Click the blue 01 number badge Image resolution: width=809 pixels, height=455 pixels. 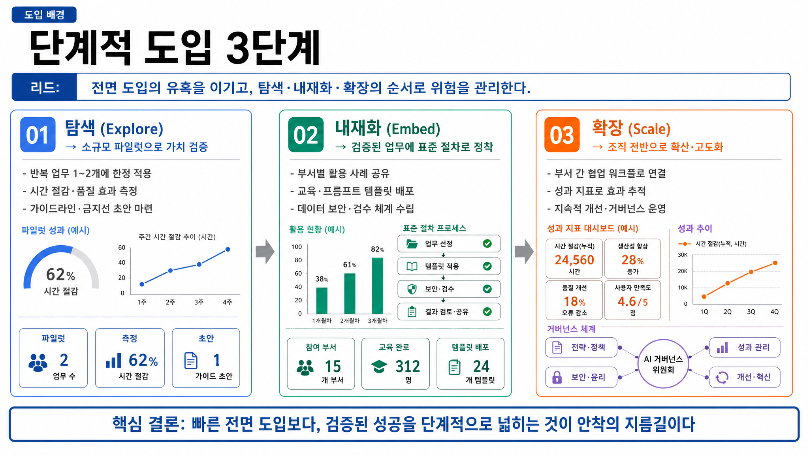(x=38, y=135)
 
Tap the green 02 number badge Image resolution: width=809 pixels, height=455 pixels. (x=306, y=135)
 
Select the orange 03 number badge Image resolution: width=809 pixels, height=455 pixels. (x=562, y=135)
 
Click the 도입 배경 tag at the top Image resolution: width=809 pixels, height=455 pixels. (x=44, y=15)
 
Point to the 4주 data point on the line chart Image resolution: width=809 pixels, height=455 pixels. (x=228, y=249)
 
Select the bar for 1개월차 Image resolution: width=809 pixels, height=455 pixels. (x=322, y=301)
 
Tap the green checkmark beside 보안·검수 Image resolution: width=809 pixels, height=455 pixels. (x=487, y=289)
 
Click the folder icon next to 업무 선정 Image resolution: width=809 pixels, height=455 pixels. (x=412, y=244)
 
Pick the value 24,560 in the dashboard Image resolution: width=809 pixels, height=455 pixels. (x=574, y=260)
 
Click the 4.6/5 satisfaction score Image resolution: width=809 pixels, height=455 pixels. (x=633, y=302)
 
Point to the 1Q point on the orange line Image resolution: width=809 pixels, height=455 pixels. (x=704, y=297)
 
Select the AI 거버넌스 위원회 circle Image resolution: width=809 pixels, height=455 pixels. (x=663, y=364)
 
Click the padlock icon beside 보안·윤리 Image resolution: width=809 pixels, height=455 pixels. (x=557, y=377)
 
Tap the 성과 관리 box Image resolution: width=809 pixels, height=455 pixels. (x=745, y=348)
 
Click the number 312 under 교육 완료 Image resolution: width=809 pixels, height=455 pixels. (x=408, y=367)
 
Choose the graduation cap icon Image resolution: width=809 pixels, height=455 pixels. (x=379, y=367)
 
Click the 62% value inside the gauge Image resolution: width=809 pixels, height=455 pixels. (x=60, y=275)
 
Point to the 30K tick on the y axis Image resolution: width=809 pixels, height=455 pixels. (x=683, y=255)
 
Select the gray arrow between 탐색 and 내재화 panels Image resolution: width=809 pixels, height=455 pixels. (x=265, y=251)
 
